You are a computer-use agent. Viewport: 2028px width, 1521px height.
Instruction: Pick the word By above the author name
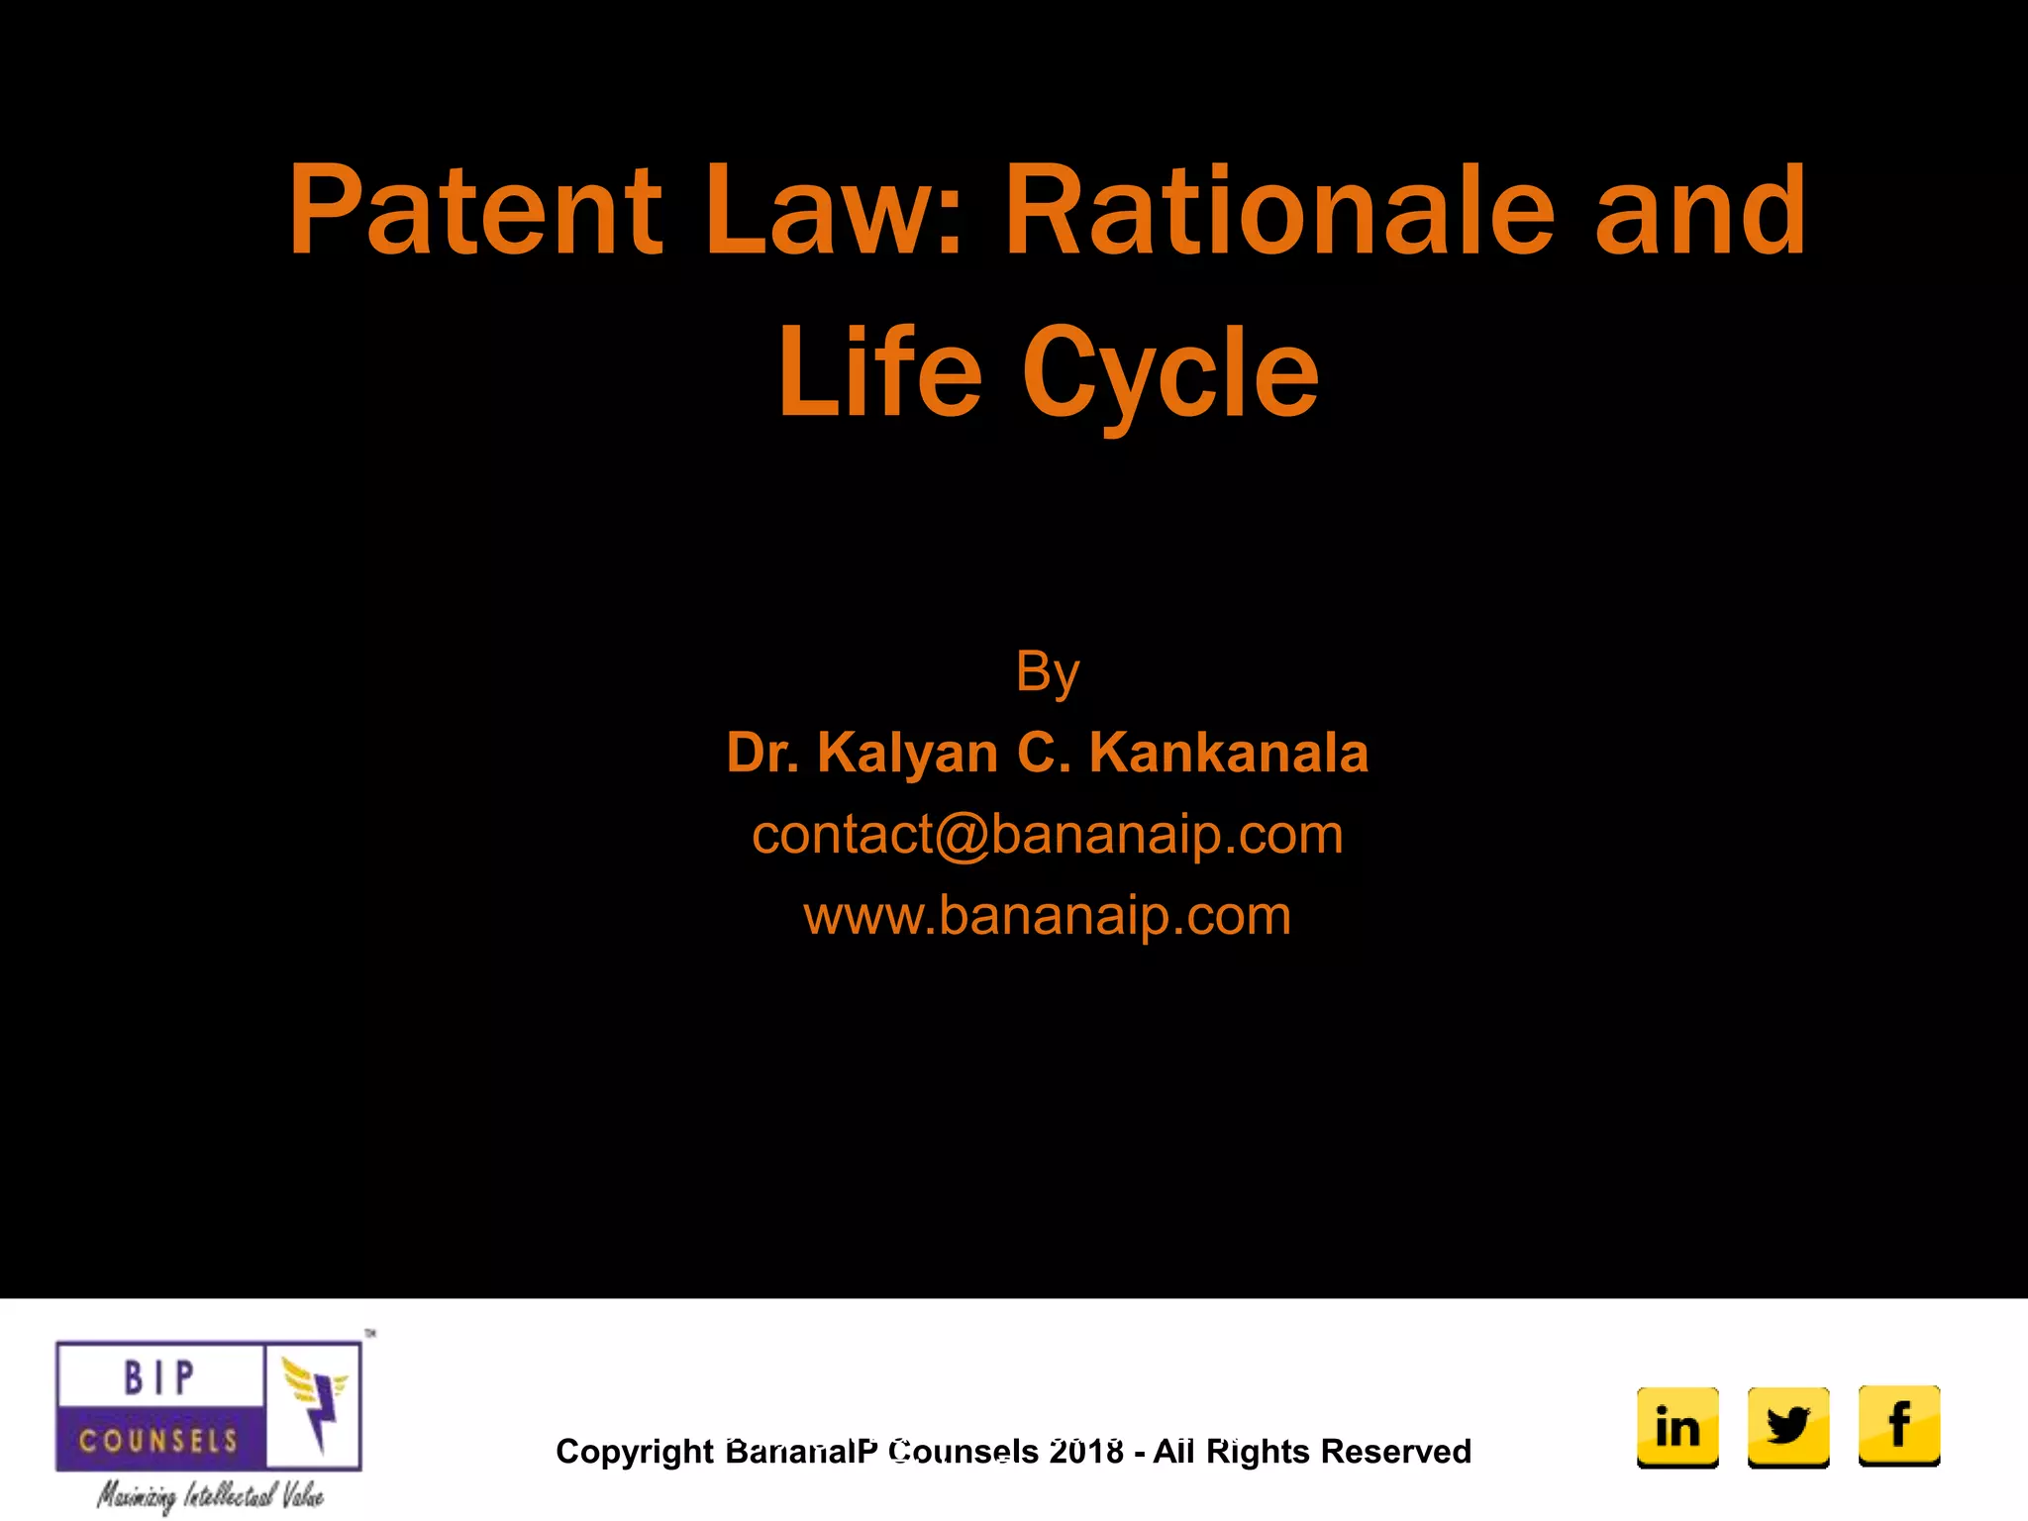tap(1047, 673)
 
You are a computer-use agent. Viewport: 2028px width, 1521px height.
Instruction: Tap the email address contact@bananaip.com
tap(1047, 834)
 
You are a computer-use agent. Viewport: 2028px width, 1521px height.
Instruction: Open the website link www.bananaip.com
tap(1047, 915)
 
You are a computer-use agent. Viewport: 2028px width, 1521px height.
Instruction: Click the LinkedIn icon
tap(1677, 1426)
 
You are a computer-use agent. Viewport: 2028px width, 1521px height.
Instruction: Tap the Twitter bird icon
tap(1788, 1426)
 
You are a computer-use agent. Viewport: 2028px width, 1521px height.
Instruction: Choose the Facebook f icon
tap(1899, 1426)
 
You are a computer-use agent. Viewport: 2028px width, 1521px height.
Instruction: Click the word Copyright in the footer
tap(634, 1452)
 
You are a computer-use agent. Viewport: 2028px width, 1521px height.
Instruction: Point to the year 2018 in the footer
tap(1086, 1452)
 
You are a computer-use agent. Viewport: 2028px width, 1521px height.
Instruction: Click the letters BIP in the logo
tap(158, 1377)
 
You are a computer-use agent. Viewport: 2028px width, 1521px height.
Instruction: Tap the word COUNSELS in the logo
tap(158, 1440)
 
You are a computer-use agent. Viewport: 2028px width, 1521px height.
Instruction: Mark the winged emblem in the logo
tap(315, 1401)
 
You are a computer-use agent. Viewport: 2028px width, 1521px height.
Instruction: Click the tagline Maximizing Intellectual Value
tap(210, 1495)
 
